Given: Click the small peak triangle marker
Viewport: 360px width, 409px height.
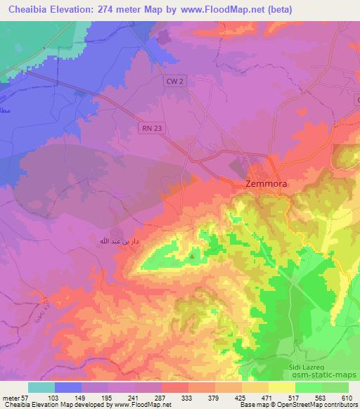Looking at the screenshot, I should point(192,256).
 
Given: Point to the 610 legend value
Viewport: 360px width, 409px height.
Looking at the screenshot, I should point(346,397).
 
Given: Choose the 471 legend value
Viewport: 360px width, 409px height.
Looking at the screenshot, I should point(267,397).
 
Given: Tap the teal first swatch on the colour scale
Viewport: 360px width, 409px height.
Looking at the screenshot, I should point(41,387).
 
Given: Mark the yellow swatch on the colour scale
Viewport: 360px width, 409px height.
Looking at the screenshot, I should point(282,387).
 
